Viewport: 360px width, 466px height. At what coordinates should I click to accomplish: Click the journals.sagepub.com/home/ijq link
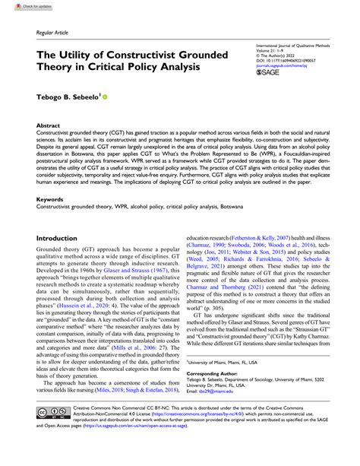point(283,65)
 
